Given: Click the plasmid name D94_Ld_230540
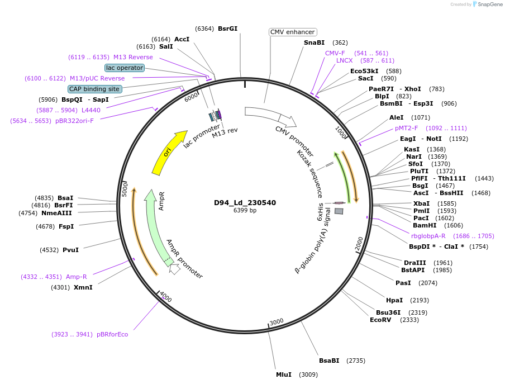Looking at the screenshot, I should (x=245, y=203).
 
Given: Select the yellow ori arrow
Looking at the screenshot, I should (x=168, y=153).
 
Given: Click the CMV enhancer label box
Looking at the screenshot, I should (x=293, y=32).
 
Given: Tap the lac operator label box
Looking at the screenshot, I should (x=125, y=68).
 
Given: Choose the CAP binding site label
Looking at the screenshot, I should (x=94, y=89).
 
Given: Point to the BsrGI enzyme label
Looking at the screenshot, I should (x=227, y=29).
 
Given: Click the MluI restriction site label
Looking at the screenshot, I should (x=284, y=374).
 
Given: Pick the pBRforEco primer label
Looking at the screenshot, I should (x=112, y=334).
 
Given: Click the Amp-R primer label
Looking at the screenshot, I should (x=77, y=277).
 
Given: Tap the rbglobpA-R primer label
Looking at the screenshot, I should (x=428, y=236).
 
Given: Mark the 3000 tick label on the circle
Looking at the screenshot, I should (x=277, y=322).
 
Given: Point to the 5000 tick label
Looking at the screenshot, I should (x=126, y=189).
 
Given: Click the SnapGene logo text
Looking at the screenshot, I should (x=489, y=4).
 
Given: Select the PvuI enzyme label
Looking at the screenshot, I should (x=70, y=250).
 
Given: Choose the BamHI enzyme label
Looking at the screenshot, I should (x=425, y=225).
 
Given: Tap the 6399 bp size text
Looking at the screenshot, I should (x=245, y=211).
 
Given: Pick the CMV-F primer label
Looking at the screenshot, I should (x=335, y=53).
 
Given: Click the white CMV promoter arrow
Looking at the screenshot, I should (x=269, y=116).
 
